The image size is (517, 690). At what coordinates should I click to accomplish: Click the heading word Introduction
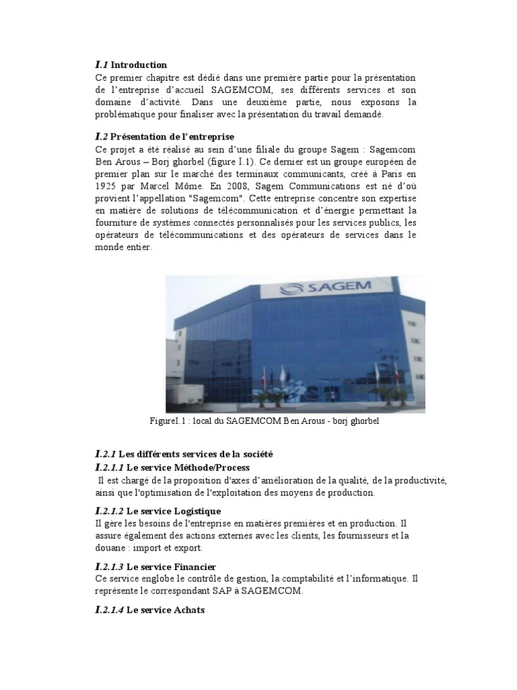139,65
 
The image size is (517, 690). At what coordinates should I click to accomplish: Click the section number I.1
102,65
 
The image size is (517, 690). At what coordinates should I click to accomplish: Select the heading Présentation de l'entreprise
172,136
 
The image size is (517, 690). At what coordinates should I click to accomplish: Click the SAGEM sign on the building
338,288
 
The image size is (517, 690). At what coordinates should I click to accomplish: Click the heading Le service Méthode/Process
188,468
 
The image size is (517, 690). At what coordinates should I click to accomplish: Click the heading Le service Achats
166,610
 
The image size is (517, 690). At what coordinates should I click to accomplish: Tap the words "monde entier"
124,247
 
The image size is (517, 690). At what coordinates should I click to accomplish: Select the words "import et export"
159,547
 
